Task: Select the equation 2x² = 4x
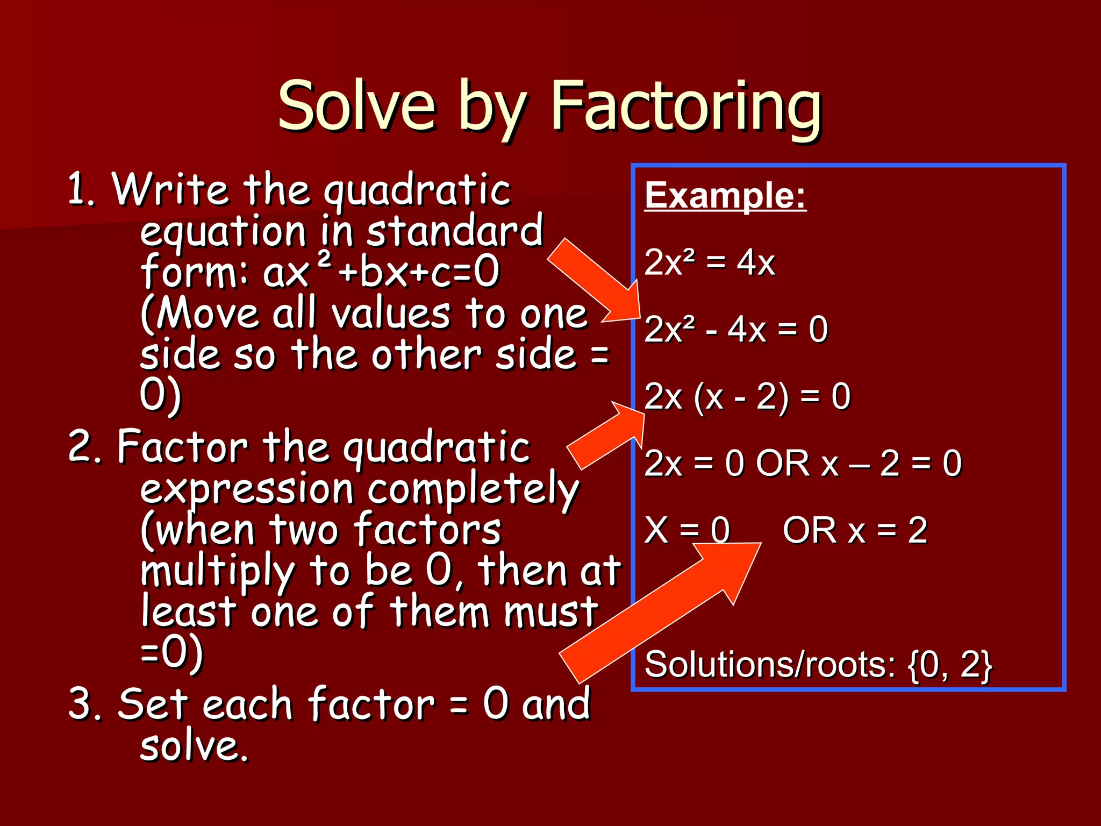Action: [709, 262]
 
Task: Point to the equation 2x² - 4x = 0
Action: [735, 329]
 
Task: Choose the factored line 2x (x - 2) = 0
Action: [747, 396]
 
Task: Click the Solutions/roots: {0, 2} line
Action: [818, 665]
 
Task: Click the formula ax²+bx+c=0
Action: [381, 272]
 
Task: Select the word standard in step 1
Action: [454, 231]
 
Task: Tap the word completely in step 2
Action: [473, 489]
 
